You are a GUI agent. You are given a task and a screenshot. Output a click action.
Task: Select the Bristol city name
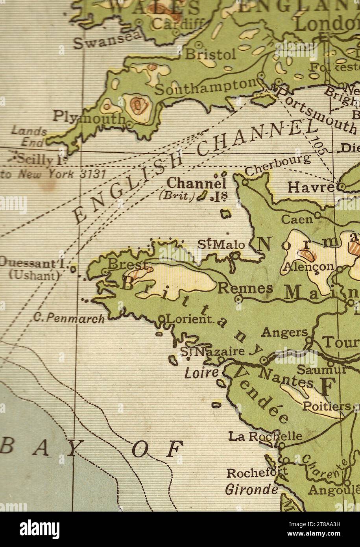pyautogui.click(x=210, y=54)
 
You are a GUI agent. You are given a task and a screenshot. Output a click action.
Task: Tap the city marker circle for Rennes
pyautogui.click(x=238, y=299)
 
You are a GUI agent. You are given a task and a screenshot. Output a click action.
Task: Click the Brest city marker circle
pyautogui.click(x=105, y=272)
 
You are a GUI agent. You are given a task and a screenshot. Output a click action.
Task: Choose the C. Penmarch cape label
pyautogui.click(x=69, y=318)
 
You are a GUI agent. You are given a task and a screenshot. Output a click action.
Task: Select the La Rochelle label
pyautogui.click(x=265, y=436)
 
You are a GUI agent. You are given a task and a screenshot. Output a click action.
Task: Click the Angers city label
pyautogui.click(x=284, y=333)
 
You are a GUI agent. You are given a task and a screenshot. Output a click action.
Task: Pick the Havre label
pyautogui.click(x=310, y=187)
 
